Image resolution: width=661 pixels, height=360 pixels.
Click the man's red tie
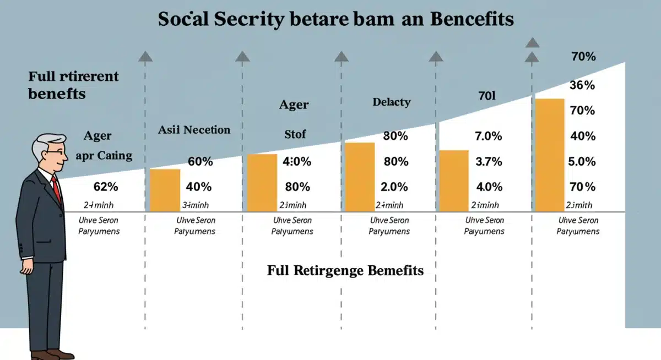[x=55, y=188]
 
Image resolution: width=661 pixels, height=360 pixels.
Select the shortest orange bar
[x=165, y=190]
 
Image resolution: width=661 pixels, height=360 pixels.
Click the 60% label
[x=200, y=162]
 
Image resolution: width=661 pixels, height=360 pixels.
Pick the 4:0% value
[x=297, y=162]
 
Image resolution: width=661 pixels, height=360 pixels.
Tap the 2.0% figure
[x=394, y=187]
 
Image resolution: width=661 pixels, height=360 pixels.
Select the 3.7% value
[x=489, y=162]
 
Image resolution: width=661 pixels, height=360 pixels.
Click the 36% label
[x=582, y=85]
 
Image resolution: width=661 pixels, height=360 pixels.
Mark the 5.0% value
[x=582, y=162]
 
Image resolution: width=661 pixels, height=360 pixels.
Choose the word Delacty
[x=391, y=102]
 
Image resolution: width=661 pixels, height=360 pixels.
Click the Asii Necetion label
[x=194, y=130]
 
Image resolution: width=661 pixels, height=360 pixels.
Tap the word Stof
[x=295, y=133]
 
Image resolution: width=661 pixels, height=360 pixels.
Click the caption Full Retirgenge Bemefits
[x=345, y=271]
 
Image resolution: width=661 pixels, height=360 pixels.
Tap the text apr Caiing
[x=104, y=155]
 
